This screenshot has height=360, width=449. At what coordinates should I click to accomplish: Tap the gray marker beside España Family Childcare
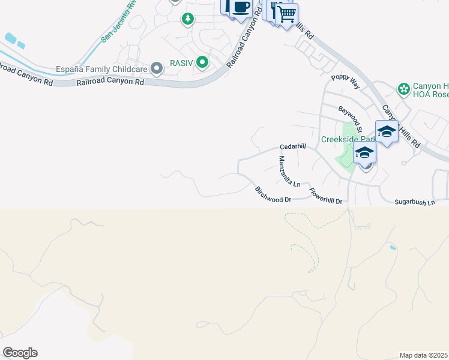pyautogui.click(x=157, y=68)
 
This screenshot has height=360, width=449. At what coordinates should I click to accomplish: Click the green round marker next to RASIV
pyautogui.click(x=203, y=61)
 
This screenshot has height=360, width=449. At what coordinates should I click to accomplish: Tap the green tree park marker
pyautogui.click(x=188, y=19)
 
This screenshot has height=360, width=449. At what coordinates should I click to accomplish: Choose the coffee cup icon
pyautogui.click(x=241, y=8)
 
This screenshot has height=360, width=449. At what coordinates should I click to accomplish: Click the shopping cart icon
pyautogui.click(x=287, y=13)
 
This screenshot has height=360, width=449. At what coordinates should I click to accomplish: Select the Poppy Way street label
pyautogui.click(x=345, y=82)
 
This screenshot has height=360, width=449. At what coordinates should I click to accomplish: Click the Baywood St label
pyautogui.click(x=351, y=120)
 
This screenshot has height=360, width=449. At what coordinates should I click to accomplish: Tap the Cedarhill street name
pyautogui.click(x=293, y=146)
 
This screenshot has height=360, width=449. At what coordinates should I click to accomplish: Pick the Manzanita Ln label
pyautogui.click(x=289, y=171)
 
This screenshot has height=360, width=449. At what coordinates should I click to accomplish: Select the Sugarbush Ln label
pyautogui.click(x=414, y=203)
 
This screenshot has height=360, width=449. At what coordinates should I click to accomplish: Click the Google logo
pyautogui.click(x=20, y=352)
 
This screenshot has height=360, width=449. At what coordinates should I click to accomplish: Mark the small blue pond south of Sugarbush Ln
pyautogui.click(x=392, y=247)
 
